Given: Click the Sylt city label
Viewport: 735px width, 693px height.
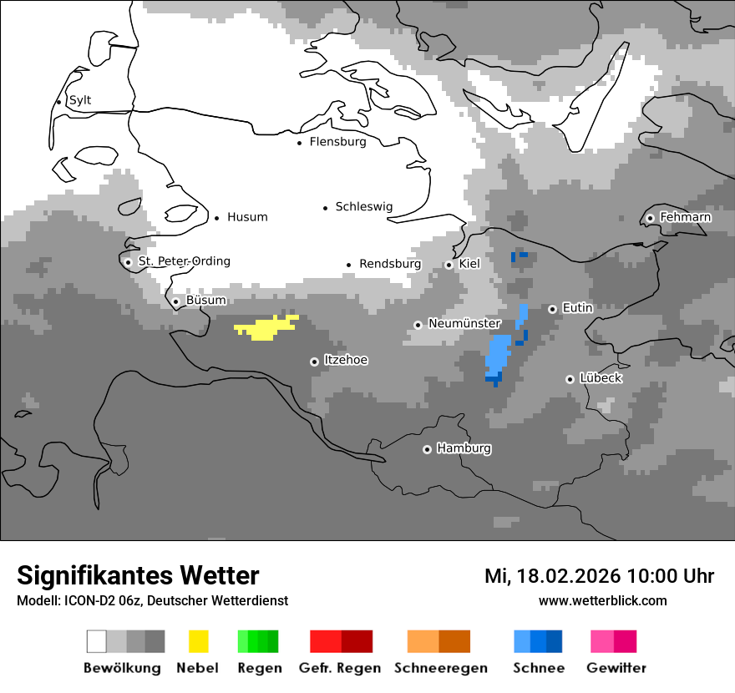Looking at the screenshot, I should (x=80, y=100).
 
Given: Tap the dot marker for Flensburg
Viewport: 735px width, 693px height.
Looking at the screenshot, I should (x=299, y=143).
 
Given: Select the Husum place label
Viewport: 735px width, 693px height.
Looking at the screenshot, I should (x=247, y=217).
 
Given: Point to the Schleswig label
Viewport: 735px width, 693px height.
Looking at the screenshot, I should (x=363, y=206).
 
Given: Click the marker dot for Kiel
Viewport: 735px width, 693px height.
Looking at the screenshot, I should (x=449, y=265).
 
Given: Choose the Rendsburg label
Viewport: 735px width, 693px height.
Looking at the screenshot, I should (x=390, y=264).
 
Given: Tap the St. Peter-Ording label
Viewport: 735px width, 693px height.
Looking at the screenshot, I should (x=184, y=261).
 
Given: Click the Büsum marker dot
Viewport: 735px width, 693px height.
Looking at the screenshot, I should (x=175, y=301).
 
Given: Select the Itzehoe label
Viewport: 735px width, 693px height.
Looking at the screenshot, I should (x=346, y=360).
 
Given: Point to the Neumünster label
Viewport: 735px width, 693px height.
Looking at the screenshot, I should (x=464, y=323).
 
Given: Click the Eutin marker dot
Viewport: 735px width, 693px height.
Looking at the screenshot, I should (x=552, y=309).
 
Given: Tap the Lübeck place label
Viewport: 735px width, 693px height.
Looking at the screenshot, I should (x=601, y=378).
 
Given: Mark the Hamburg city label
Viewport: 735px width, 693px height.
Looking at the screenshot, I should (x=464, y=448).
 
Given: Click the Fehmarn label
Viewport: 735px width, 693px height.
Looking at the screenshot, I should (x=685, y=217).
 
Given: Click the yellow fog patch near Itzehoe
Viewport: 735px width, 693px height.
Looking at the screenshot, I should (x=266, y=328).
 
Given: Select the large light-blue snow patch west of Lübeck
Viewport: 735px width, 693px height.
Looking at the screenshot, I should (x=498, y=355).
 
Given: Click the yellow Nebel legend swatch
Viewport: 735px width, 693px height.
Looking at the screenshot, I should (x=198, y=641).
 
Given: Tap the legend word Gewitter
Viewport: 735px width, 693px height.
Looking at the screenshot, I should (x=616, y=668).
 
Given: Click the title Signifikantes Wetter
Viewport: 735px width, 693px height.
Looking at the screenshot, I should (x=138, y=575).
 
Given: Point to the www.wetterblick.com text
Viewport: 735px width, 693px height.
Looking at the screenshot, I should (x=602, y=600).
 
